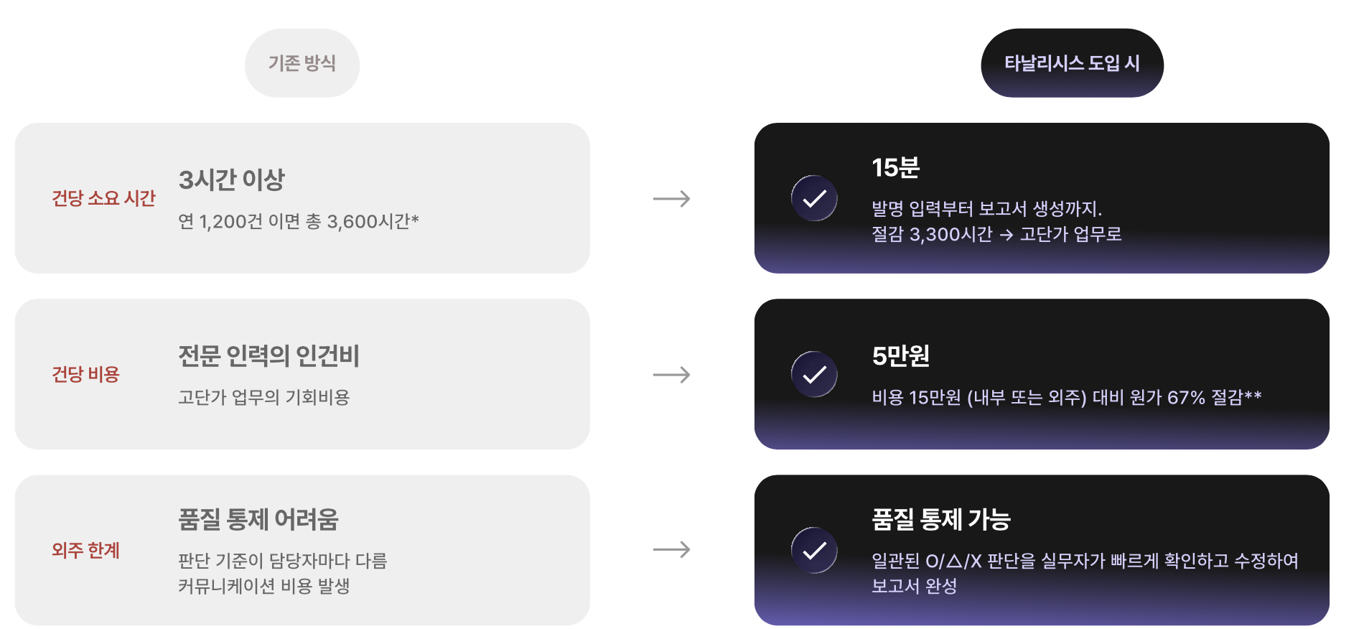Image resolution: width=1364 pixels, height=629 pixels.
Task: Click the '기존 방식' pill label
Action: coord(302,63)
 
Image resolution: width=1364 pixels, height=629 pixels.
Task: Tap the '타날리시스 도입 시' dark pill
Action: coord(1072,63)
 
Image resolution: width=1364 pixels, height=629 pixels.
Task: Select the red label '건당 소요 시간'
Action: coord(103,198)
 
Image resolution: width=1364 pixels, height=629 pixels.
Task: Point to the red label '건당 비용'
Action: coord(85,374)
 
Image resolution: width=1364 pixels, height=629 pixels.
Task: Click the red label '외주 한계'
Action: coord(85,550)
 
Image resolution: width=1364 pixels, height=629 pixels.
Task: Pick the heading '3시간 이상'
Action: coord(231,180)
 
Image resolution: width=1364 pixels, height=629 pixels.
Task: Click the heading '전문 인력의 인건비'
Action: coord(268,355)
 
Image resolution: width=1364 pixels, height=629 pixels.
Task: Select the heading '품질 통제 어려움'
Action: coord(258,518)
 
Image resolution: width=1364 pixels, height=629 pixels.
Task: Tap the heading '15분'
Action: coord(895,167)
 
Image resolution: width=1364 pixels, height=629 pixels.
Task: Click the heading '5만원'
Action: coord(900,355)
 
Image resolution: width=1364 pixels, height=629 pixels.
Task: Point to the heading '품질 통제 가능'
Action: coord(940,518)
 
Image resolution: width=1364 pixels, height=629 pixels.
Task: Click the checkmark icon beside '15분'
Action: coord(814,198)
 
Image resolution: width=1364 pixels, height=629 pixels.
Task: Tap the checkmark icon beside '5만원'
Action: coord(814,374)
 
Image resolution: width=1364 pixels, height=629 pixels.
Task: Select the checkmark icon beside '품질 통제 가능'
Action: coord(814,550)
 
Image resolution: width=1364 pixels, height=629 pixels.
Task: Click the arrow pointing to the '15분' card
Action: coord(671,199)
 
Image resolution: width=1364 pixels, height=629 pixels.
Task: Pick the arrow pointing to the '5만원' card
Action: coord(671,375)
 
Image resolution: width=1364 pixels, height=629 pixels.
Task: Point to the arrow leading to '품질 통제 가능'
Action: coord(671,550)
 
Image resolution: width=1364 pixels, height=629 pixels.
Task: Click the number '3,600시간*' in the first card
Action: coord(373,221)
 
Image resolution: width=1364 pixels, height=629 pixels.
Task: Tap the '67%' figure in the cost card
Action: coord(1186,397)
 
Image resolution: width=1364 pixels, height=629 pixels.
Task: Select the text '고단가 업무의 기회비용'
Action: coord(263,397)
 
